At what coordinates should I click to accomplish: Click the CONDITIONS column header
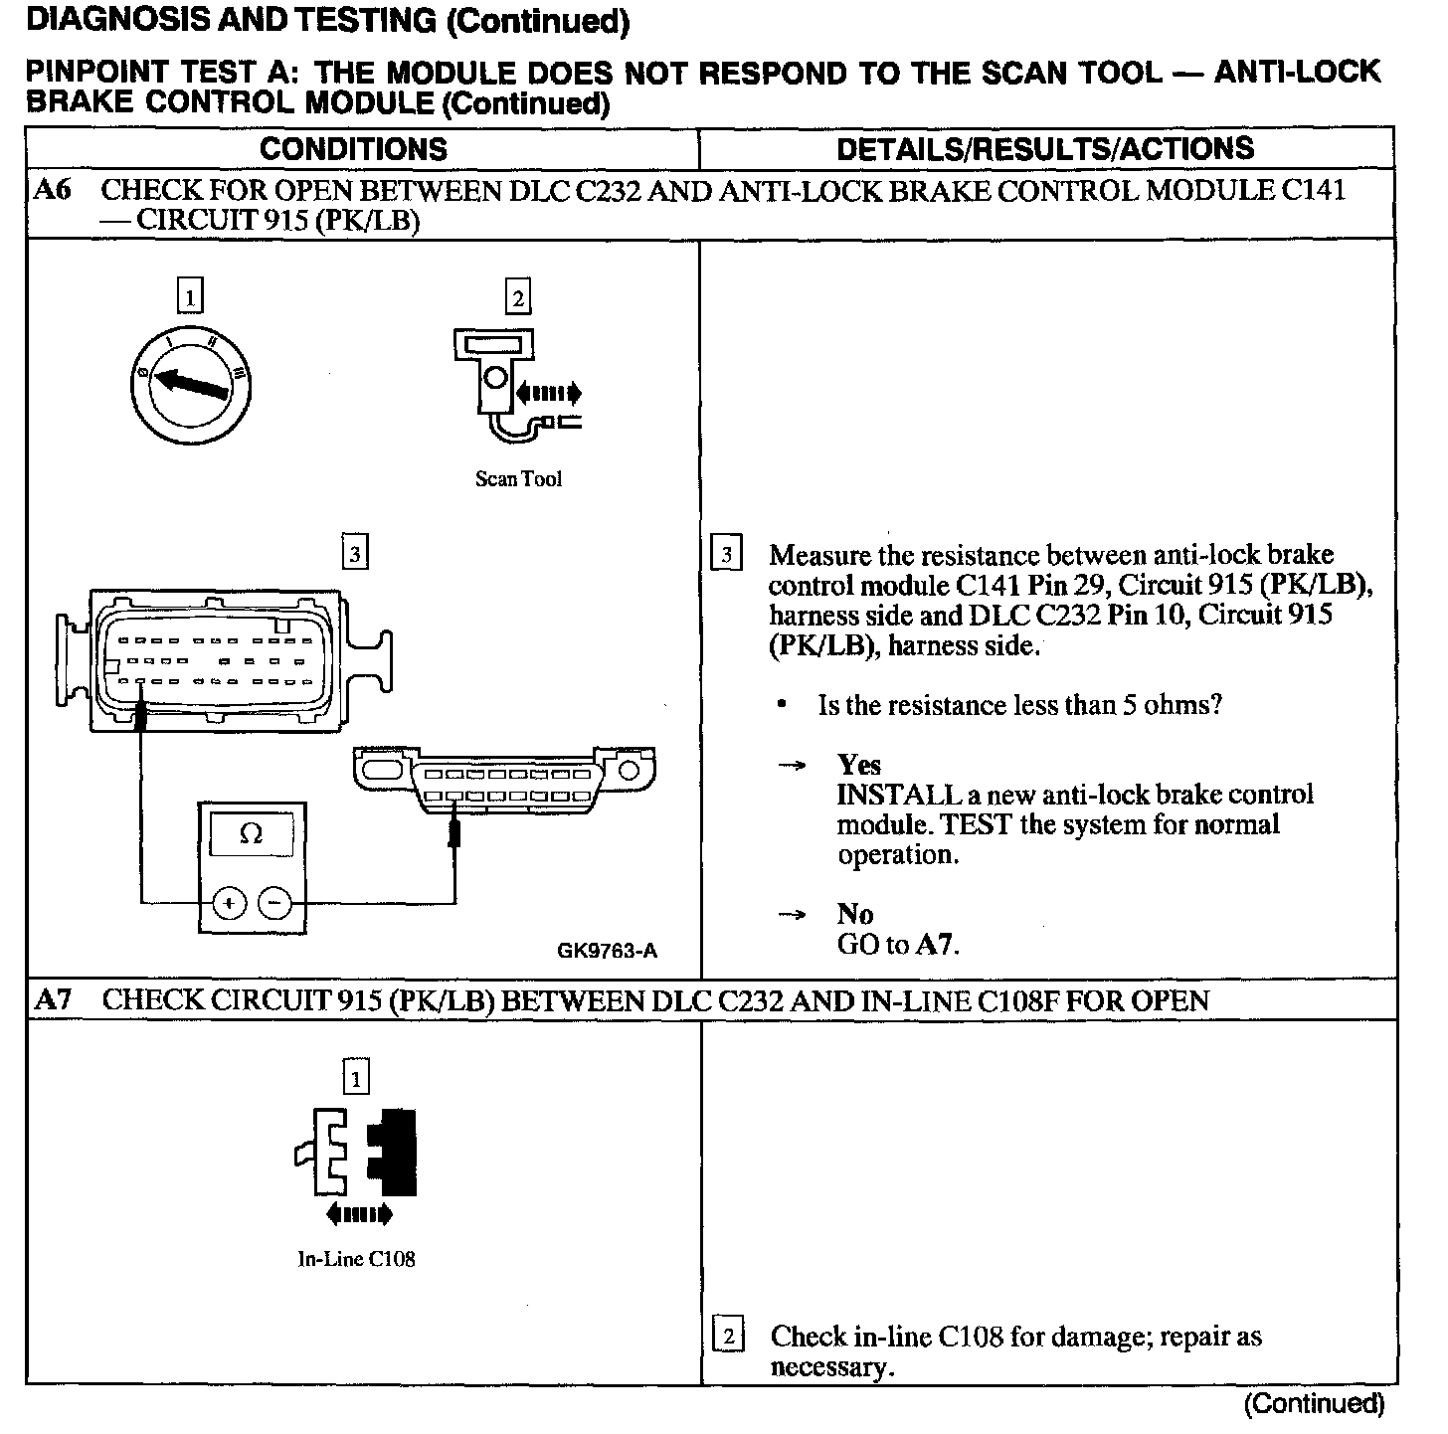click(x=353, y=149)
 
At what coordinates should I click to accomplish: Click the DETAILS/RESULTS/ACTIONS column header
click(x=1045, y=149)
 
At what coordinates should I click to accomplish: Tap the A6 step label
click(x=53, y=190)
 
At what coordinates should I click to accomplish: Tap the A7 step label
click(x=53, y=999)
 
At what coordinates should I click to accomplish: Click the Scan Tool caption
click(x=518, y=479)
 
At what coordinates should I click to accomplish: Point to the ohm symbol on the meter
click(x=251, y=834)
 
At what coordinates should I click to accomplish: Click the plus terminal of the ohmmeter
click(x=229, y=903)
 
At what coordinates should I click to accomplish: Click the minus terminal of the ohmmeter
click(x=275, y=903)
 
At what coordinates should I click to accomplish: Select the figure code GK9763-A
click(x=607, y=951)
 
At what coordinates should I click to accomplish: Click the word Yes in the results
click(x=859, y=765)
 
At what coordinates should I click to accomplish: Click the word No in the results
click(x=854, y=914)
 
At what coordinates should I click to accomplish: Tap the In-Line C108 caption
click(x=356, y=1259)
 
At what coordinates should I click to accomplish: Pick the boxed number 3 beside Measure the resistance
click(x=727, y=555)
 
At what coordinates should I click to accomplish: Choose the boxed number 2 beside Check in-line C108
click(x=729, y=1337)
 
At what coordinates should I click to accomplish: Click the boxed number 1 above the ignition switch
click(x=189, y=296)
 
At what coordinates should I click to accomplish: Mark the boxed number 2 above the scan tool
click(x=517, y=296)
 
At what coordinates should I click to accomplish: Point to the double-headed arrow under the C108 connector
click(x=358, y=1213)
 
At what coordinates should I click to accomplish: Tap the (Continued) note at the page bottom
click(x=1314, y=1404)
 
